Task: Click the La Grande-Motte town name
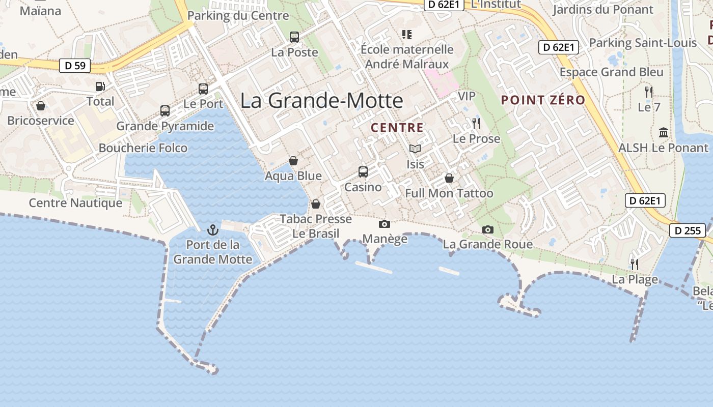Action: point(321,100)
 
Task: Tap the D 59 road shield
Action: point(75,66)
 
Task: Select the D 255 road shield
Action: point(687,230)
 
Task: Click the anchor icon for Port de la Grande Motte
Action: point(212,229)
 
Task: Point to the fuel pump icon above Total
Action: point(100,86)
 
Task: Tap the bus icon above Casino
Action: point(363,172)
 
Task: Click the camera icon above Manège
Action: point(385,224)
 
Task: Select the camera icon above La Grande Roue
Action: point(487,229)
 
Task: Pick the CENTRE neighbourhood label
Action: point(397,128)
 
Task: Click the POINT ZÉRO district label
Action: point(543,100)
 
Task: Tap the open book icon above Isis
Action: point(415,149)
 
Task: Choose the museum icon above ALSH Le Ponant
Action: point(664,132)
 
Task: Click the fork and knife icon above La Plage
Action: point(635,265)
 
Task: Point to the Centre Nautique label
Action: point(75,203)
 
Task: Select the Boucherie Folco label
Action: point(143,148)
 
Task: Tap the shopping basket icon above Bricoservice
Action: point(41,106)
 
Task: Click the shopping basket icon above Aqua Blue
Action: point(293,161)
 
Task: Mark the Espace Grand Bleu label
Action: point(611,72)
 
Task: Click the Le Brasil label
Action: point(316,234)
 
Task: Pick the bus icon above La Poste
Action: point(294,37)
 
